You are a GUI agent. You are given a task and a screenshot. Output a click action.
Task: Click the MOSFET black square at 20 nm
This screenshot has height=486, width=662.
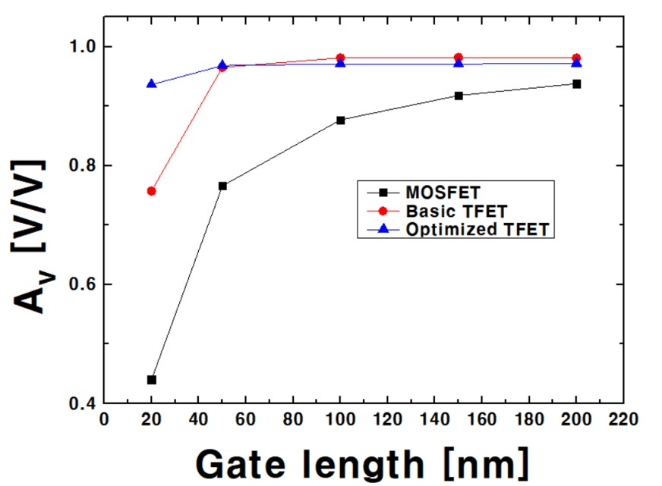[x=152, y=380]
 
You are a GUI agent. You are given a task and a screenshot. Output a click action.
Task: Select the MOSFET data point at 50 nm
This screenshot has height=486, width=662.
[x=222, y=186]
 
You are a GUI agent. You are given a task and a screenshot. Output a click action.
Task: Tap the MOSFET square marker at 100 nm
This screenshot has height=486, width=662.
[x=341, y=120]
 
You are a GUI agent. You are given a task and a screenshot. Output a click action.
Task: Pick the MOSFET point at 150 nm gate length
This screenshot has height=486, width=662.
[x=459, y=96]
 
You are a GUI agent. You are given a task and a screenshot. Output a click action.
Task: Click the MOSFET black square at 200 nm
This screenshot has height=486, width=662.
[x=576, y=83]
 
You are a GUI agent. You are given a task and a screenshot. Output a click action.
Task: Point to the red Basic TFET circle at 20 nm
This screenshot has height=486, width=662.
[x=152, y=191]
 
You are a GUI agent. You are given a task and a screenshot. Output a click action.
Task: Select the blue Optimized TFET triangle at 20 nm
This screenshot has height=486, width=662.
[x=152, y=83]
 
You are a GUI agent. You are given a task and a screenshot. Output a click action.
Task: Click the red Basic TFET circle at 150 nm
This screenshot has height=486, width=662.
[x=459, y=58]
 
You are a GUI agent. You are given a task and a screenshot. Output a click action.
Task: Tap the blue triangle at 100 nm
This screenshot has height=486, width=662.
[x=341, y=63]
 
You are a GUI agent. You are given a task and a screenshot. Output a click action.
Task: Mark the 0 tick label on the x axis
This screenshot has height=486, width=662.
[x=105, y=419]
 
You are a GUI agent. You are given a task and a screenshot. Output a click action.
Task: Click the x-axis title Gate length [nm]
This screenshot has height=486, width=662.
[x=360, y=461]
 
